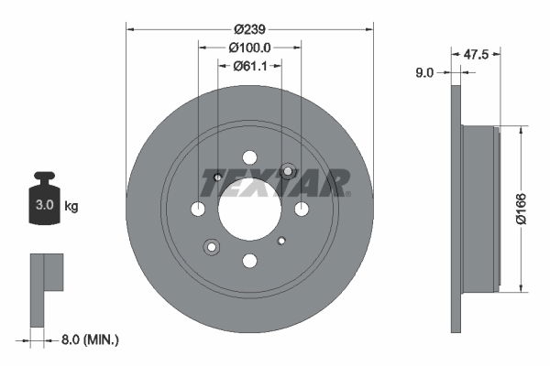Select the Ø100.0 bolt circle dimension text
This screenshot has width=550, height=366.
[249, 47]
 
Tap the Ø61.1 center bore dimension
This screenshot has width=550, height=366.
[249, 65]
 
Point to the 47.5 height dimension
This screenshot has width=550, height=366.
[475, 55]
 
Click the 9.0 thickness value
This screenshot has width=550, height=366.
[423, 72]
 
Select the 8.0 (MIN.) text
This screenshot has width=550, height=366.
[90, 339]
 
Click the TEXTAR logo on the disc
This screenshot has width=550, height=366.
[275, 182]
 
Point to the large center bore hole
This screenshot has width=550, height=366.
[249, 210]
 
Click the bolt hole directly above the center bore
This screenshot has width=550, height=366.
[249, 157]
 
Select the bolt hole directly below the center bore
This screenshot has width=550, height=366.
[249, 261]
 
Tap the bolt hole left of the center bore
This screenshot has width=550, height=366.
[198, 210]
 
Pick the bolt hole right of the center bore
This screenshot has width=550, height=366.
[302, 210]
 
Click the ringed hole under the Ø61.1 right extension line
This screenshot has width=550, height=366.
[288, 170]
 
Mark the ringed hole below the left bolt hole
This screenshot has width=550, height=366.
[212, 246]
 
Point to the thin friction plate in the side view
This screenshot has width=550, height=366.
[456, 209]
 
